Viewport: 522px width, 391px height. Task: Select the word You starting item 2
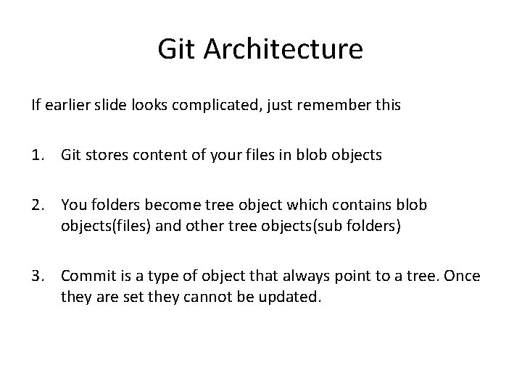coord(73,205)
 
